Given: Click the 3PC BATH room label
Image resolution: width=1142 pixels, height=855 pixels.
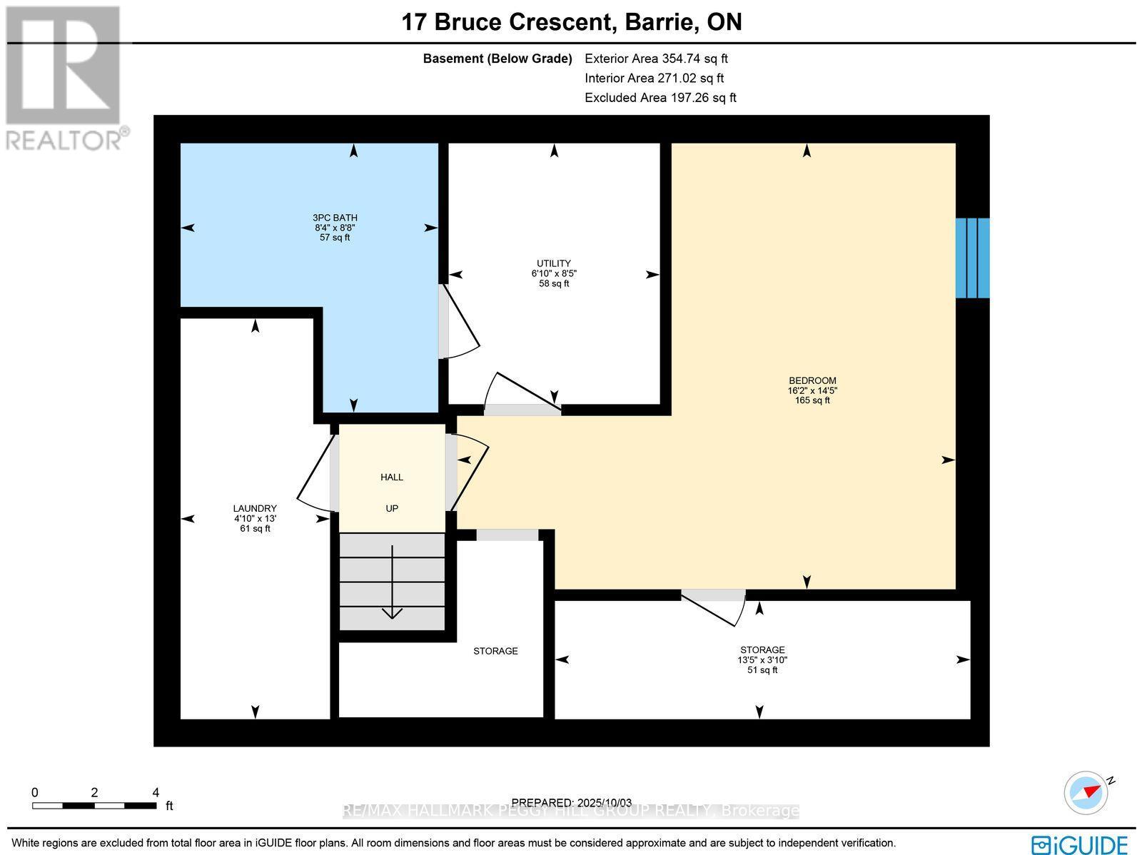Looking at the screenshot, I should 335,218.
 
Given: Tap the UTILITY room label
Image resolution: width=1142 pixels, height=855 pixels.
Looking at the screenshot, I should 554,263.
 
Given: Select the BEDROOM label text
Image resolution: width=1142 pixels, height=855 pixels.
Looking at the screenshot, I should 812,380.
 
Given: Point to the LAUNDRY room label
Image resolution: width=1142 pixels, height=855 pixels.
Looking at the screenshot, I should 255,508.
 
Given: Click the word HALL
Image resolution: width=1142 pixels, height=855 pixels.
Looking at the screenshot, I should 392,477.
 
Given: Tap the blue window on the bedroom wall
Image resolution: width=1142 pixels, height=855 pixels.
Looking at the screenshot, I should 972,258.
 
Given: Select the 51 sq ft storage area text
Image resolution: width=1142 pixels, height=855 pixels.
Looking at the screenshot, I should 762,670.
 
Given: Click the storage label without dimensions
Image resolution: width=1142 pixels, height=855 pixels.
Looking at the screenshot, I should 495,651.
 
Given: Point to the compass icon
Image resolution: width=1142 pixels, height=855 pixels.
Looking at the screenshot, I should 1086,792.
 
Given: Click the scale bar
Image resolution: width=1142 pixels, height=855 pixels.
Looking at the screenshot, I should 94,805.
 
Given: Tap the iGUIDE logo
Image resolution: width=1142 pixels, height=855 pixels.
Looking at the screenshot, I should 1080,844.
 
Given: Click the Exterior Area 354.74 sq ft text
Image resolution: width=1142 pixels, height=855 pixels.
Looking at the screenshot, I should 656,59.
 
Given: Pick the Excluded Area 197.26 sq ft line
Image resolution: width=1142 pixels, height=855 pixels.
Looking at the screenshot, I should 660,98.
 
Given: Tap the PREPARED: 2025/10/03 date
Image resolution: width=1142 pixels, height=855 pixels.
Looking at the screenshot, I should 572,802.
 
